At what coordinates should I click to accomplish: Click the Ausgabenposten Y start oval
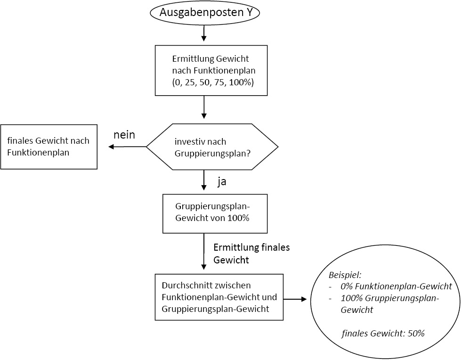(x=205, y=13)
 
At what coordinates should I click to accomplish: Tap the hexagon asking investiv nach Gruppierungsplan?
(x=212, y=147)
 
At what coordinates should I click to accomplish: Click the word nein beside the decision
(x=124, y=135)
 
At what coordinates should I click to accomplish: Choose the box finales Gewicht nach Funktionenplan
(x=49, y=147)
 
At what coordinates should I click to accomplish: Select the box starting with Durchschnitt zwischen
(x=219, y=297)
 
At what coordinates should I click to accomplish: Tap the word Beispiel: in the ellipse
(x=345, y=274)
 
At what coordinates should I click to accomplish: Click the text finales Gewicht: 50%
(x=383, y=333)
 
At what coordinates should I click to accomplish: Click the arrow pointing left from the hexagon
(x=127, y=147)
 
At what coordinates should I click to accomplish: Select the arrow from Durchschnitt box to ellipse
(x=295, y=299)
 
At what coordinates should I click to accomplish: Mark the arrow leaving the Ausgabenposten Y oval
(x=204, y=33)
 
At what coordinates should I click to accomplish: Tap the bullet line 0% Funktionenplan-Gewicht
(x=396, y=286)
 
